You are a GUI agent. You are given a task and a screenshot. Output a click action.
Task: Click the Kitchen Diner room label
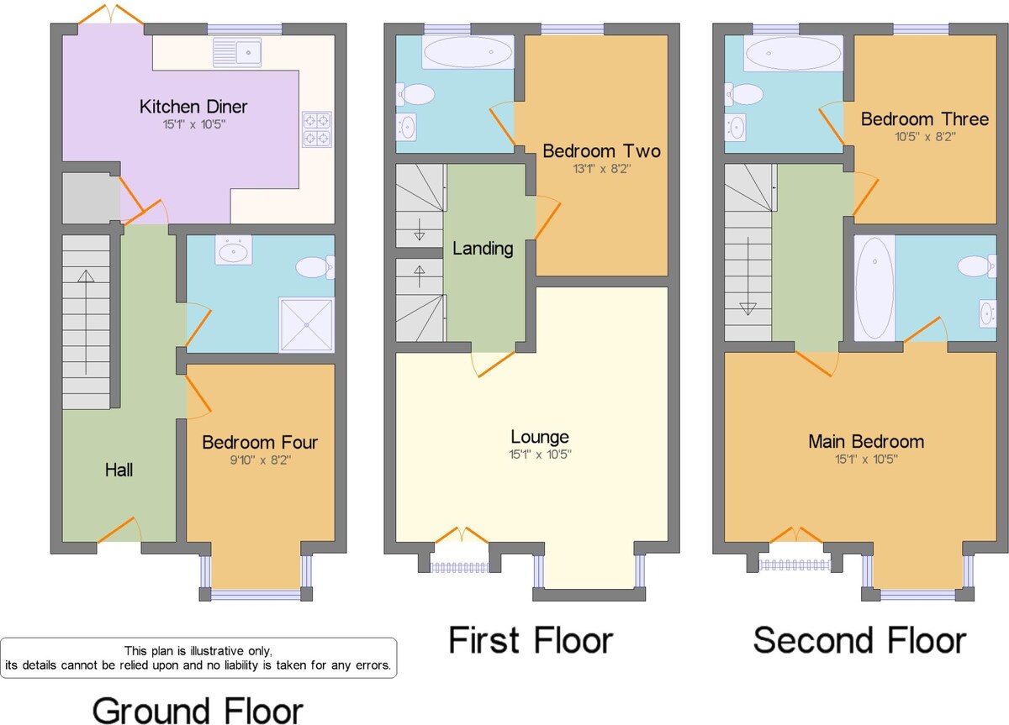tap(193, 107)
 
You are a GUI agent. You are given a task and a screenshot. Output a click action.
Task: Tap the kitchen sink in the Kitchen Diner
tap(237, 52)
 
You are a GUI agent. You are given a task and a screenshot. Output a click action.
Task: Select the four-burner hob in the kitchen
tap(317, 129)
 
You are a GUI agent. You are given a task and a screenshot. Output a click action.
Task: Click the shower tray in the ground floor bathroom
tap(306, 324)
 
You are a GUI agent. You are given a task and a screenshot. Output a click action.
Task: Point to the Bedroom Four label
tap(260, 443)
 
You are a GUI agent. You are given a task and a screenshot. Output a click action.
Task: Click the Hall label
tap(119, 470)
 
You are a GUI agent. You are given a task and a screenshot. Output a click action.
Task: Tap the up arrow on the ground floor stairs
tap(86, 322)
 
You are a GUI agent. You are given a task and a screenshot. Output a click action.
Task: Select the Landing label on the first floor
tap(483, 249)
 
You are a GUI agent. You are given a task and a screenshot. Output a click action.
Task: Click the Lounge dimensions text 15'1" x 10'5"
tap(540, 454)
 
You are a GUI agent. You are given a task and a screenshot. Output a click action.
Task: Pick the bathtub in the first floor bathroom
tap(468, 52)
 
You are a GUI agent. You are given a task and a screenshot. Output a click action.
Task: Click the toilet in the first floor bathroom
tap(415, 94)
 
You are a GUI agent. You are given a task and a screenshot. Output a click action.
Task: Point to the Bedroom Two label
tap(601, 151)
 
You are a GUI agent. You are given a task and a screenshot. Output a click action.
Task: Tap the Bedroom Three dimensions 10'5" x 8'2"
tap(925, 136)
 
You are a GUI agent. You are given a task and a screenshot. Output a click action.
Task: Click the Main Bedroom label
tap(866, 442)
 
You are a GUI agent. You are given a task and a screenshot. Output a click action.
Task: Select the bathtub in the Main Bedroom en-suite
tap(874, 287)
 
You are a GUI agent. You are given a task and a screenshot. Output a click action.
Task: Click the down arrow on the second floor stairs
tap(748, 276)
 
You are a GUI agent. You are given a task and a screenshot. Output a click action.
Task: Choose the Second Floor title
tap(860, 640)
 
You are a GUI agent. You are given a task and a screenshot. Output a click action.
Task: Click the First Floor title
tap(531, 640)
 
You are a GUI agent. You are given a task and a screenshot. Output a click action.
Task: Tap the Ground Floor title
tap(198, 711)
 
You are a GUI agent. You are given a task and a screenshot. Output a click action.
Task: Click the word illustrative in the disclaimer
tap(216, 651)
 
